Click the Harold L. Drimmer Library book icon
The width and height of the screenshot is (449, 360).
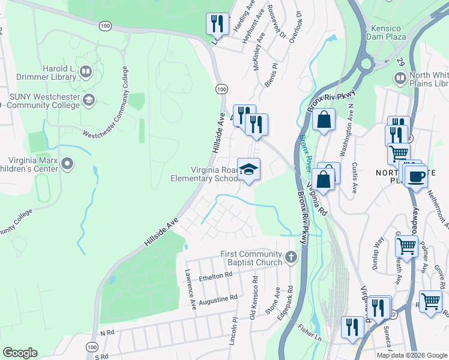86,73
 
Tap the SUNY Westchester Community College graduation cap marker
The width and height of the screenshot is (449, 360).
89,100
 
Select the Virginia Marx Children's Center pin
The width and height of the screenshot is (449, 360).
67,163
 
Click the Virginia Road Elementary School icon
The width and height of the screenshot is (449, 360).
249,169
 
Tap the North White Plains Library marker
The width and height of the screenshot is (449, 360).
400,79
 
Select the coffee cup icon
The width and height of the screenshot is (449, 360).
416,177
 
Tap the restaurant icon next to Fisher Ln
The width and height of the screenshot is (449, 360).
352,327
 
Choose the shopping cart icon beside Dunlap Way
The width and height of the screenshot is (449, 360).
406,246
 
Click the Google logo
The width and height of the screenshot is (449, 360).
20,353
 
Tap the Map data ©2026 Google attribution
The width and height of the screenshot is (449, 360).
411,355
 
